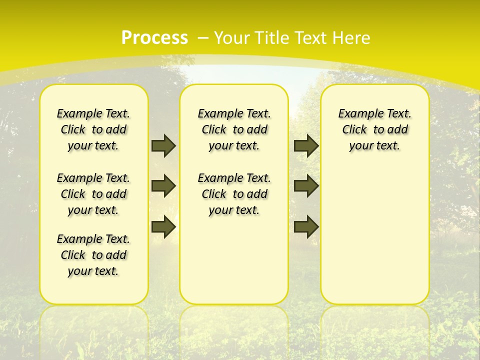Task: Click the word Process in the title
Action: (154, 37)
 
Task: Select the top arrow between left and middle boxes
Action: (163, 145)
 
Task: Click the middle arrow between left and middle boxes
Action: (163, 186)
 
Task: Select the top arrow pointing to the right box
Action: (306, 145)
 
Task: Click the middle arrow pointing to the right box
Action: (306, 186)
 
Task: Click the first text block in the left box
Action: (93, 129)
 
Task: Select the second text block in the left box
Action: (93, 194)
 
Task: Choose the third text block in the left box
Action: (93, 255)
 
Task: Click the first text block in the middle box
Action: (234, 129)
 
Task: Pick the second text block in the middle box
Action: (234, 194)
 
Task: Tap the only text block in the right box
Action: (374, 129)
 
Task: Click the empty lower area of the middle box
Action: (234, 260)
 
